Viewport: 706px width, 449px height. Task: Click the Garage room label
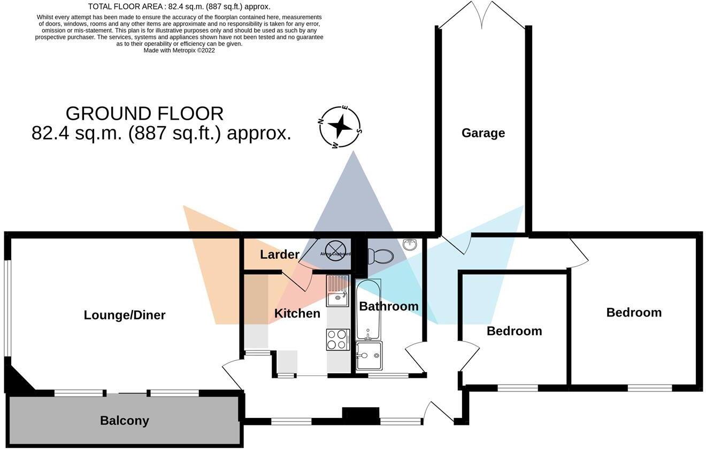point(483,133)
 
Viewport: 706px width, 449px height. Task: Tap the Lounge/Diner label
point(125,315)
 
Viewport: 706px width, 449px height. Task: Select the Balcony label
point(124,421)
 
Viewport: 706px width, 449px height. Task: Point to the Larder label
point(279,254)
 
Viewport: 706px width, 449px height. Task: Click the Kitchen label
point(297,313)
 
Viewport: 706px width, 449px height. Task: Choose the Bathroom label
point(388,306)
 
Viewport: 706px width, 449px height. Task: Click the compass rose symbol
point(340,127)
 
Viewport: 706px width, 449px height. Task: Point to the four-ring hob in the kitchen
point(337,339)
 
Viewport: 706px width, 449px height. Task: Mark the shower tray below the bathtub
point(369,356)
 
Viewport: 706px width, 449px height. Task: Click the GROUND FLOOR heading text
point(144,113)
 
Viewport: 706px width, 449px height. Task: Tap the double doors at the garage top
point(483,15)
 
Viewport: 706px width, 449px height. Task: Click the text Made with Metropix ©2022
point(179,50)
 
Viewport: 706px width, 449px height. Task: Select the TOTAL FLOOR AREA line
point(179,6)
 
